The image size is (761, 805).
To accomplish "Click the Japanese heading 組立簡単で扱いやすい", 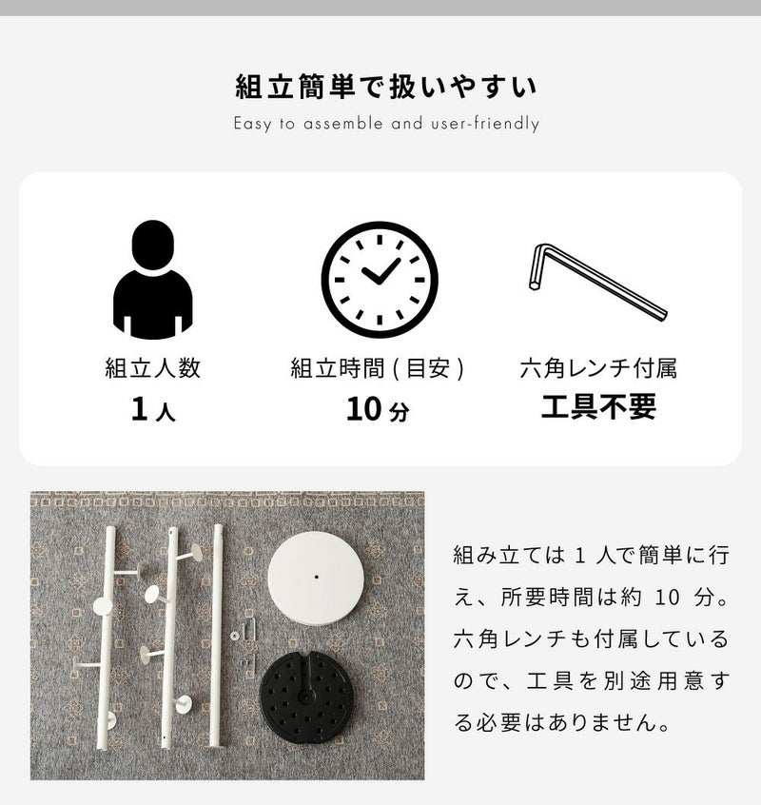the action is [386, 87].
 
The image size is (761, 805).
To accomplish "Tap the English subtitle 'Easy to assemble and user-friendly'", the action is [386, 124].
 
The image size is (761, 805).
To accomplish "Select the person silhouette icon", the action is [153, 280].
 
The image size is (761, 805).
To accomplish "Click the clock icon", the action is [380, 280].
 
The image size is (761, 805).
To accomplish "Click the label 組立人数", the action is [153, 368].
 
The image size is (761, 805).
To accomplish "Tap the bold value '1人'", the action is [153, 409].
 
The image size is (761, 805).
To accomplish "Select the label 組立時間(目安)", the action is [377, 368].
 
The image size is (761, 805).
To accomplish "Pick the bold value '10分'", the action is [378, 409].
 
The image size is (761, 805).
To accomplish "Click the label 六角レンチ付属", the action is [598, 368].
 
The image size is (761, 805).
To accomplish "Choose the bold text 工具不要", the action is [598, 406].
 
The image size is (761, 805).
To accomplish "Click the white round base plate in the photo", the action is [316, 579].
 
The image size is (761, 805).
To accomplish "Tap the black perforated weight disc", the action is [306, 697].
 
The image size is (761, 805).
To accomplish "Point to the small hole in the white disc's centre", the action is [316, 577].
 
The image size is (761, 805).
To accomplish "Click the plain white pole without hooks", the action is [217, 636].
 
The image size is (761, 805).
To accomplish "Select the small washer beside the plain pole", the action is [235, 636].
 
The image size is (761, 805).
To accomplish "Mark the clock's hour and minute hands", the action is [380, 271].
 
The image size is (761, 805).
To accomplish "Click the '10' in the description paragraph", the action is [667, 598].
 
